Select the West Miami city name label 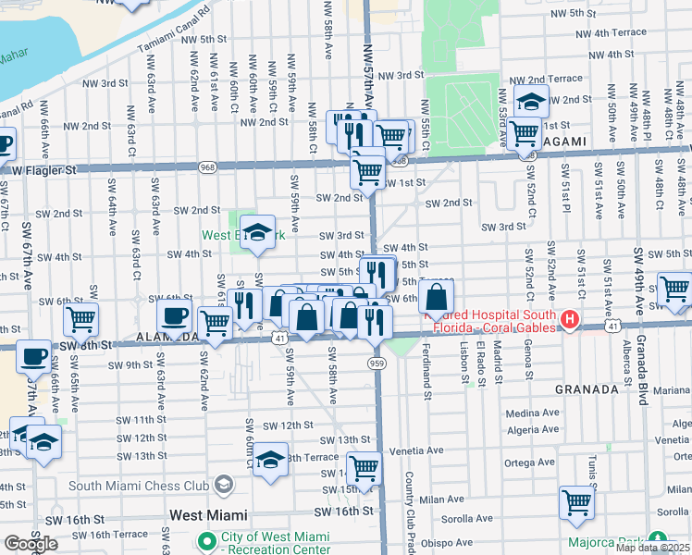pos(208,514)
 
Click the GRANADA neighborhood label pos(586,389)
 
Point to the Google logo pos(30,544)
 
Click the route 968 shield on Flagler pos(208,166)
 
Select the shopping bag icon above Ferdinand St pos(436,298)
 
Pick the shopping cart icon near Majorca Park pos(576,504)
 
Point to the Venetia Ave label pos(412,450)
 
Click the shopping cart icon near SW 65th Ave pos(80,320)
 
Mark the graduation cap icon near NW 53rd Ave pos(532,102)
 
